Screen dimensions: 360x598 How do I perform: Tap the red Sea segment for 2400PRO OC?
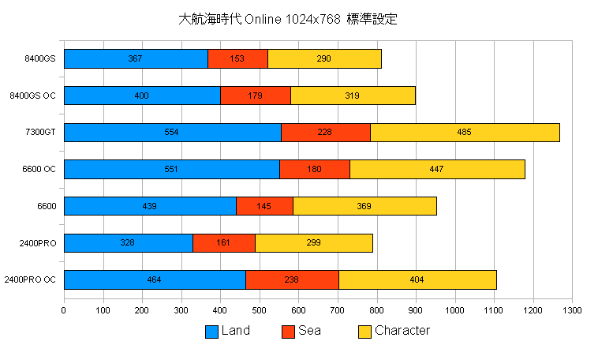click(x=292, y=279)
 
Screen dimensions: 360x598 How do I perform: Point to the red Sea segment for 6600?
click(x=264, y=206)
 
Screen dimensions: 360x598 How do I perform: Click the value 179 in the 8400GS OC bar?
click(x=256, y=96)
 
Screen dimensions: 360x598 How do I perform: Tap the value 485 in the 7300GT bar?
click(x=464, y=133)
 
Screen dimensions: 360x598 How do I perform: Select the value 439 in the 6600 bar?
click(x=148, y=206)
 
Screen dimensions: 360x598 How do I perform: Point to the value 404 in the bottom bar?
click(x=417, y=279)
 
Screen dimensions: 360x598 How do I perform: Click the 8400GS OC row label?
click(x=32, y=96)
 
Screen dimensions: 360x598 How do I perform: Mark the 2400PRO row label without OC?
click(x=38, y=243)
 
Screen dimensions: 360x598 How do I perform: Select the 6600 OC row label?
click(x=39, y=169)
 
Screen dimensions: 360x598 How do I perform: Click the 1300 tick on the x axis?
click(x=572, y=310)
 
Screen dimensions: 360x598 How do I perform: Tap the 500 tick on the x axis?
click(x=260, y=310)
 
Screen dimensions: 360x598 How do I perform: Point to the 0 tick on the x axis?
click(x=64, y=310)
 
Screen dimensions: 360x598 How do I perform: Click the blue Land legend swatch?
click(x=211, y=332)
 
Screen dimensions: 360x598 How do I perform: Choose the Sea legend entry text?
click(x=309, y=331)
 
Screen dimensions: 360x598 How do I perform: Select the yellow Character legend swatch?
click(x=364, y=332)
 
